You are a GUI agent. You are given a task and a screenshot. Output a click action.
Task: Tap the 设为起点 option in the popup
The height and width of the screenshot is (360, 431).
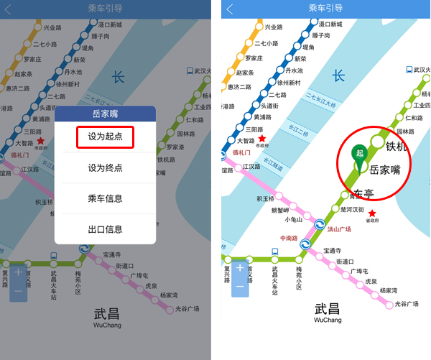click(105, 137)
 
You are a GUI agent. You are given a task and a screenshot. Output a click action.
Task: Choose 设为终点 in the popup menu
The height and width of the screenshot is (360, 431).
click(105, 167)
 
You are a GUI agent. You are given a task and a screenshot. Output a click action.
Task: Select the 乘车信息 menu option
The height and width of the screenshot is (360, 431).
click(105, 198)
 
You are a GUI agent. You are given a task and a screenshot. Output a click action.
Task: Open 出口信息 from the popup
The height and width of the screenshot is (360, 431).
click(105, 229)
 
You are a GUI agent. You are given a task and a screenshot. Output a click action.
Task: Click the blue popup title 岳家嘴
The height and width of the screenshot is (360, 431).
click(105, 114)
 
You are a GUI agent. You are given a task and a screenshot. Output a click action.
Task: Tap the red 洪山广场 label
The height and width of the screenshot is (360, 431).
click(339, 229)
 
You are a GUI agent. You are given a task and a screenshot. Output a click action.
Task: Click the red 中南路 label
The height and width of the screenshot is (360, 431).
click(290, 238)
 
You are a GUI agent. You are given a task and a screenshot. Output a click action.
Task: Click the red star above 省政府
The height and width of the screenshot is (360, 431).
click(372, 213)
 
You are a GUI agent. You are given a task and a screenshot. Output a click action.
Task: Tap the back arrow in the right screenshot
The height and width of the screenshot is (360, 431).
click(230, 9)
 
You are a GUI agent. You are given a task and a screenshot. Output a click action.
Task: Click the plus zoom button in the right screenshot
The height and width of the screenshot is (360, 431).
click(240, 268)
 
